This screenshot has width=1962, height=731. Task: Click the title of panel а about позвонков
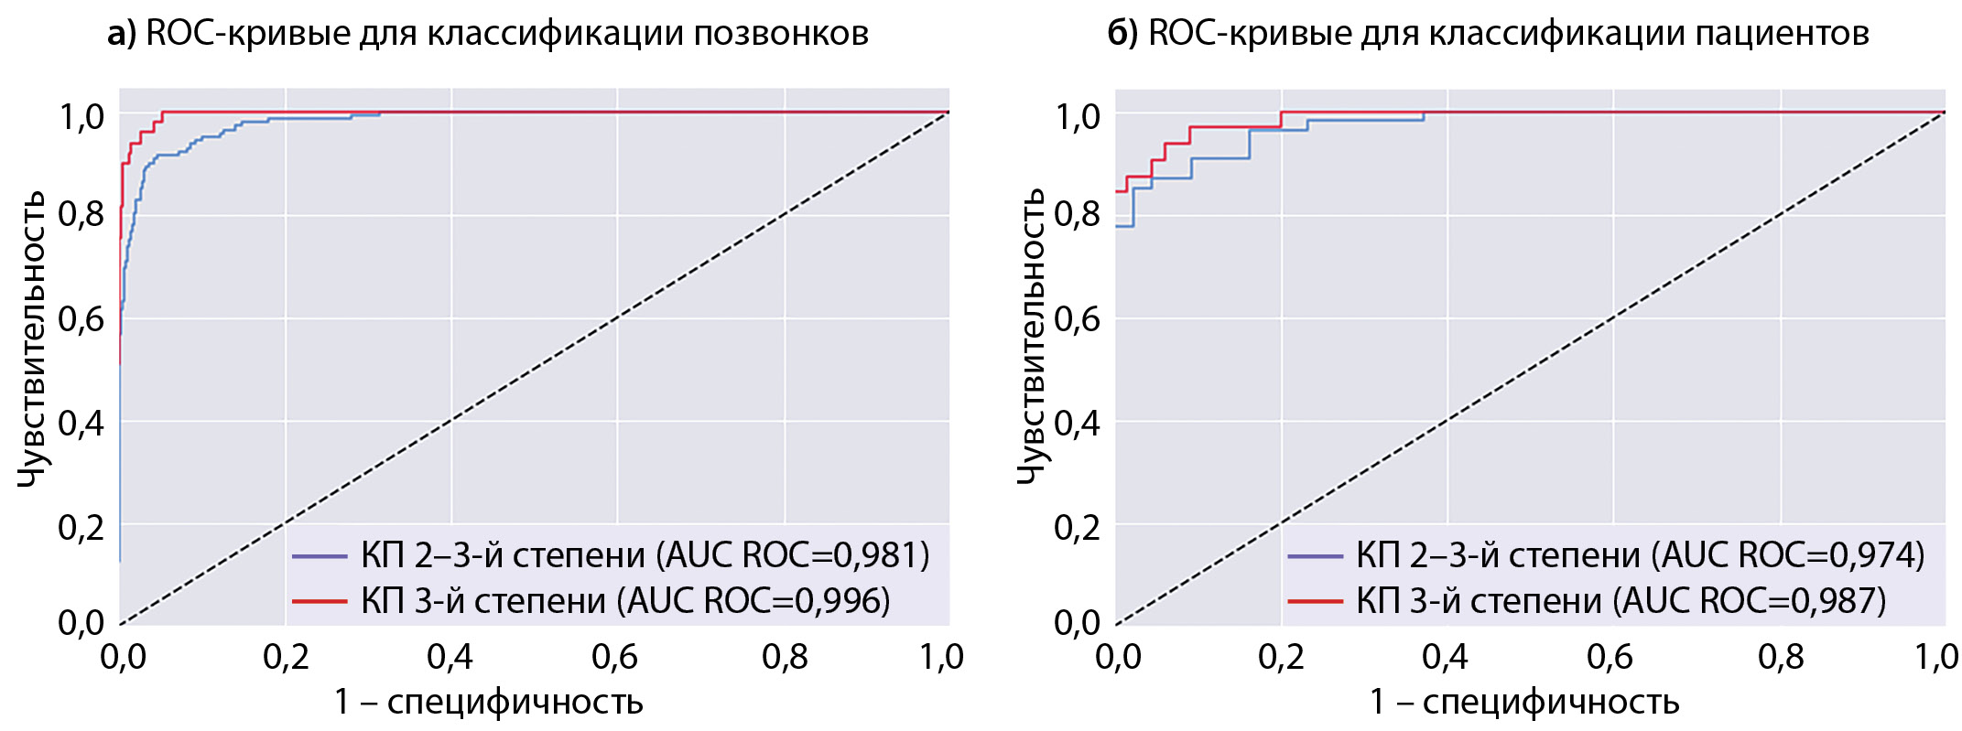tap(488, 34)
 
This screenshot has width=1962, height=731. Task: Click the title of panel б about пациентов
tap(1488, 34)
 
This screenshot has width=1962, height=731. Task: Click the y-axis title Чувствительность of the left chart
tap(32, 339)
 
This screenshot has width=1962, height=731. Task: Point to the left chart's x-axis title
tap(488, 703)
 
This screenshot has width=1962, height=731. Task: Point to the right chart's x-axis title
tap(1523, 703)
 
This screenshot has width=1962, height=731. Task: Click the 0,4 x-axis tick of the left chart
tap(450, 657)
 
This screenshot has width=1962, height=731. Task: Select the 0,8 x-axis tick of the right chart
tap(1781, 657)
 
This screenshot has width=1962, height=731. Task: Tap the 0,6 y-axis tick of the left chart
tap(81, 319)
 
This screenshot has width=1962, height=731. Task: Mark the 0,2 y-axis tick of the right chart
tap(1077, 527)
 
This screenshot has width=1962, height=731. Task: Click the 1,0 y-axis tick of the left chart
tap(81, 116)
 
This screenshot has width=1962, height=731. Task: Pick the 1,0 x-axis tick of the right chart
tap(1936, 657)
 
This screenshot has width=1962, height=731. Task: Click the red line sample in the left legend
tap(319, 601)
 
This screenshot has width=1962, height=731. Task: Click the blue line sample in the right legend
tap(1315, 555)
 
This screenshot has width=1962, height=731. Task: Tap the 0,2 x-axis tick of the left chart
tap(285, 657)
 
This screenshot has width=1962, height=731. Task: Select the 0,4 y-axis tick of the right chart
tap(1077, 423)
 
